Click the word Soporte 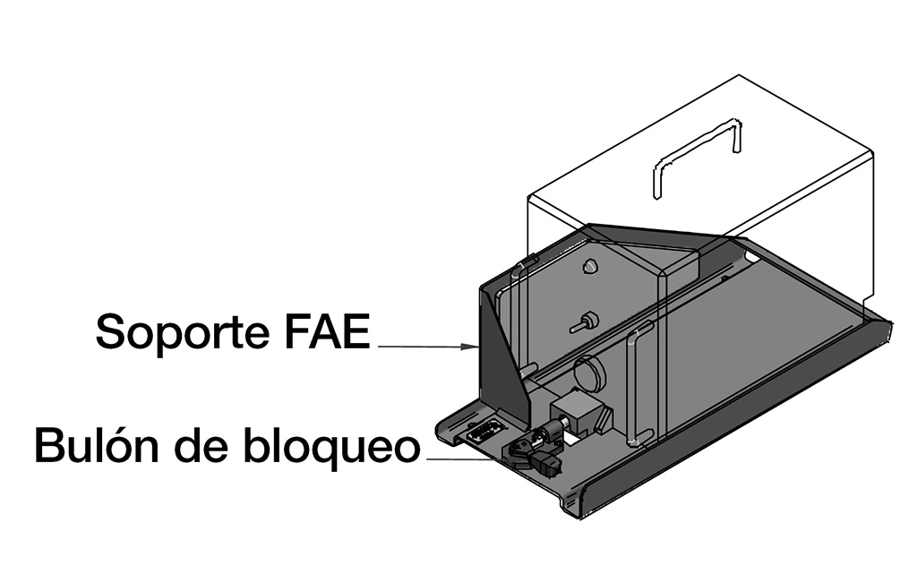click(x=183, y=331)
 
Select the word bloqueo click(x=331, y=446)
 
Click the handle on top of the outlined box click(x=697, y=158)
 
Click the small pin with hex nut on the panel click(x=582, y=322)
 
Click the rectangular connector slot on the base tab click(x=482, y=433)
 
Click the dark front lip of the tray click(x=731, y=421)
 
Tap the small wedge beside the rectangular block click(x=605, y=418)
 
